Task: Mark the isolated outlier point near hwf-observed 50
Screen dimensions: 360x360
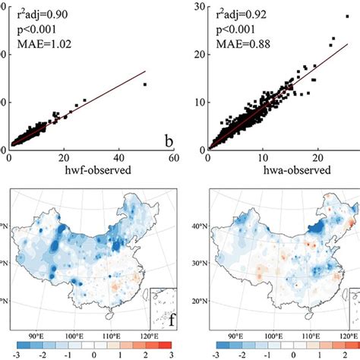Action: pos(144,84)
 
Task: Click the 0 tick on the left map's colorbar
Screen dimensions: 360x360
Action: pos(93,354)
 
